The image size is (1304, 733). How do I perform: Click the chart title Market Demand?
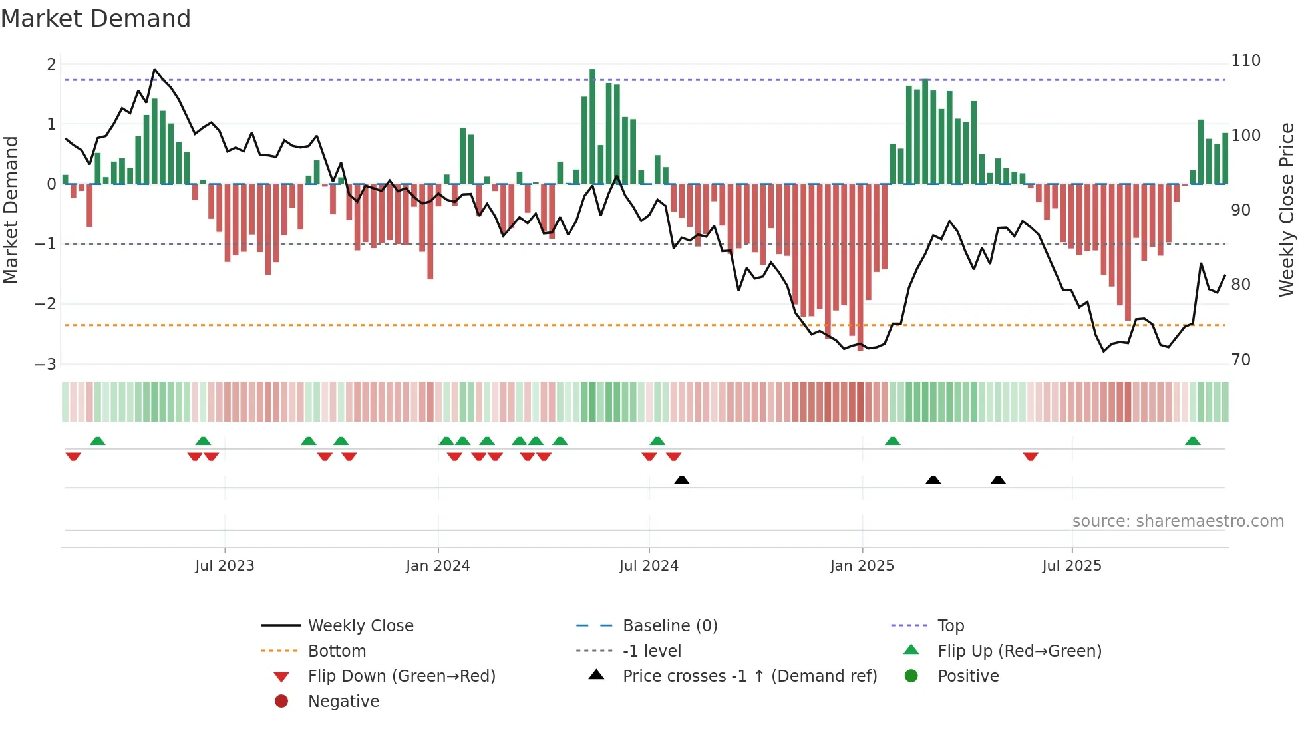point(96,19)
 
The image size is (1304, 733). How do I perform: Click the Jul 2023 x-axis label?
point(224,566)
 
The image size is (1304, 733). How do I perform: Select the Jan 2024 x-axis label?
point(438,566)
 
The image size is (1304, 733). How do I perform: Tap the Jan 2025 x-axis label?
point(862,566)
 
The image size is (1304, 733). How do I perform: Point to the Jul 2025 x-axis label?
point(1071,566)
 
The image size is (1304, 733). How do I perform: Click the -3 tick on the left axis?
point(45,365)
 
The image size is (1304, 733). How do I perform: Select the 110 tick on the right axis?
point(1245,61)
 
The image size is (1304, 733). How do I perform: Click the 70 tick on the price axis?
point(1241,360)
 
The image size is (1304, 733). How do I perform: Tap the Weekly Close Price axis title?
point(1287,210)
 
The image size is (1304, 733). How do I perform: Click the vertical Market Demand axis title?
point(11,210)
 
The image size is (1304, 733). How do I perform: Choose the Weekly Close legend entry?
point(360,626)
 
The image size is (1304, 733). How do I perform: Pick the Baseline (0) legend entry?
point(669,626)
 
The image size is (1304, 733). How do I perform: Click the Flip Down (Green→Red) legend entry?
point(401,676)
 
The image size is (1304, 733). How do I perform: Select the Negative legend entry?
point(343,702)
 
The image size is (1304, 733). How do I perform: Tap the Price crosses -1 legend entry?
point(749,676)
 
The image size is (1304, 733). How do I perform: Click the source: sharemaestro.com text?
point(1178,521)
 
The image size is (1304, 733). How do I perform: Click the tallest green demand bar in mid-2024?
point(592,126)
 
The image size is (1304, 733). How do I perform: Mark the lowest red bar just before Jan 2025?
point(860,266)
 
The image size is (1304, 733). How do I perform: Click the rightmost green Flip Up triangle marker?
point(1192,441)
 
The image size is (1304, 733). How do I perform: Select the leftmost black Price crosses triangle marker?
point(681,480)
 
